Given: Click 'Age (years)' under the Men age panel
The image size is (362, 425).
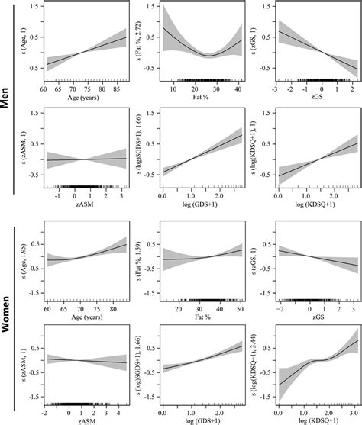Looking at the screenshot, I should (x=86, y=97).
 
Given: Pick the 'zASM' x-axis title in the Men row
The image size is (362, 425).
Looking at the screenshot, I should (x=86, y=205).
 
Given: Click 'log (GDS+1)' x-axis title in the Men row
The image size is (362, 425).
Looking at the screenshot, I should (x=201, y=205).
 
